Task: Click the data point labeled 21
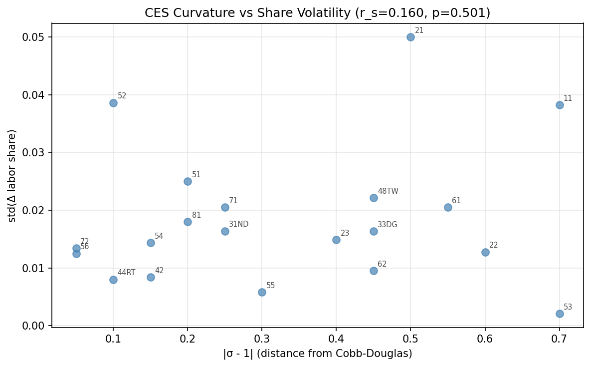[410, 37]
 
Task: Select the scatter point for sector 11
[560, 105]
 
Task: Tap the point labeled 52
[113, 103]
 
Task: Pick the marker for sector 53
[560, 314]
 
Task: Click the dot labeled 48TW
[374, 198]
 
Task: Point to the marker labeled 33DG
[374, 231]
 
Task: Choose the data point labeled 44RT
[113, 280]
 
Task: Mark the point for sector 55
[262, 292]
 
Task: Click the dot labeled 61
[448, 207]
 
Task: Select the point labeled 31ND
[225, 231]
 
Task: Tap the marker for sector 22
[485, 252]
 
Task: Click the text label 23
[345, 233]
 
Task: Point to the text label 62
[382, 264]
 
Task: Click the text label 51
[196, 175]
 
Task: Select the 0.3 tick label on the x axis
[262, 338]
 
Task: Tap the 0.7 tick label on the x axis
[560, 338]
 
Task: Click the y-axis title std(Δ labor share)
[12, 176]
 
